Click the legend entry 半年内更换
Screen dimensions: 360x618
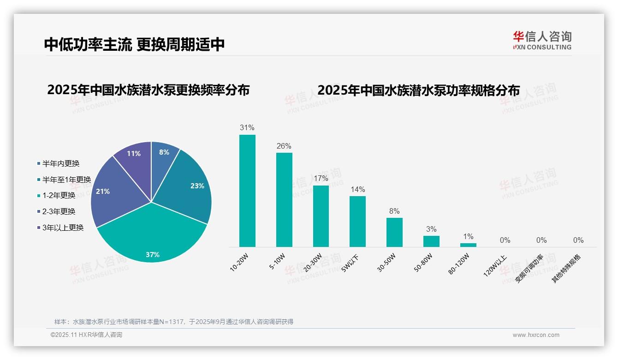tap(60, 163)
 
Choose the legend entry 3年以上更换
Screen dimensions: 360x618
tap(63, 228)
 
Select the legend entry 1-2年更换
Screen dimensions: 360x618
tap(59, 195)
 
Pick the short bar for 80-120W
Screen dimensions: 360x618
tap(468, 245)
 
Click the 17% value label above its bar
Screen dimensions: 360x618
tap(321, 178)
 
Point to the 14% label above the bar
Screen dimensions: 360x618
tap(357, 189)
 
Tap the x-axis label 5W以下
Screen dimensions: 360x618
tap(350, 264)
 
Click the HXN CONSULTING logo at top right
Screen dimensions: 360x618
tap(542, 40)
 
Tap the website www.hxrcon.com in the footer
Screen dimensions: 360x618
tap(536, 335)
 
